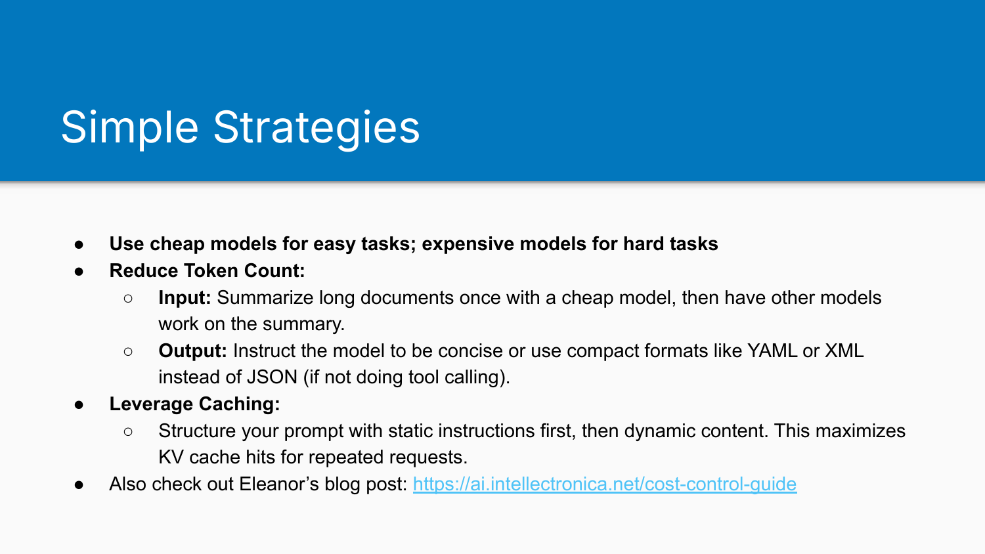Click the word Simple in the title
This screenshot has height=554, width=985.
click(x=129, y=127)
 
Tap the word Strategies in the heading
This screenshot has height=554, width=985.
click(x=316, y=127)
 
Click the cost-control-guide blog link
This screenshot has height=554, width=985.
click(x=604, y=484)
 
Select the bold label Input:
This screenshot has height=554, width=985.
click(x=185, y=297)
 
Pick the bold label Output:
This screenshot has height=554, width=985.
click(x=192, y=351)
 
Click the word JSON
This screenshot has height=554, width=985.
click(x=271, y=377)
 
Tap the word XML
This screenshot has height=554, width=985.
click(x=844, y=351)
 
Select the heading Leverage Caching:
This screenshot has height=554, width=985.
click(x=194, y=404)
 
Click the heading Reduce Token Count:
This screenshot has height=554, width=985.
click(x=207, y=270)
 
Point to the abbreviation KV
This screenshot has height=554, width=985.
click(x=171, y=457)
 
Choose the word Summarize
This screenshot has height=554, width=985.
click(x=265, y=297)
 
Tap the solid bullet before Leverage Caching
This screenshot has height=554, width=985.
click(x=79, y=404)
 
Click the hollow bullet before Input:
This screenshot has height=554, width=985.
click(x=128, y=298)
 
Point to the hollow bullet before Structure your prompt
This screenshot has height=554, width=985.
click(x=128, y=431)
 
